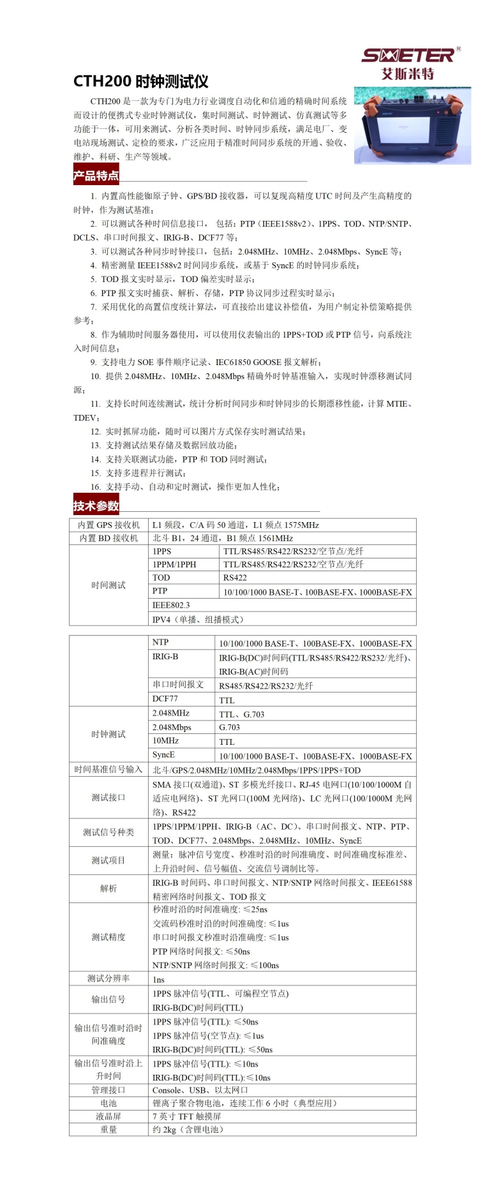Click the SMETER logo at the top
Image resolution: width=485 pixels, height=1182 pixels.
click(408, 56)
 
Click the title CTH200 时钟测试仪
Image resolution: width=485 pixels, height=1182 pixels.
click(141, 82)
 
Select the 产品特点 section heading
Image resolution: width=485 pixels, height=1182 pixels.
click(96, 176)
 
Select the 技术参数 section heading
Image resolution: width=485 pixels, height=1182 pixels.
click(96, 506)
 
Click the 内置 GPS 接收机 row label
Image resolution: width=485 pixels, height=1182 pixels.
click(108, 525)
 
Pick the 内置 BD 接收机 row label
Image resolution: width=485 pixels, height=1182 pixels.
click(108, 538)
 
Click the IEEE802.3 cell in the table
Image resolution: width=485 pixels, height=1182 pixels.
click(171, 605)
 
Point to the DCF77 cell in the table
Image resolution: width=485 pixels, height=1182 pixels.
click(165, 699)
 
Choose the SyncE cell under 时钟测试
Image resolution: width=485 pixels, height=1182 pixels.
click(163, 754)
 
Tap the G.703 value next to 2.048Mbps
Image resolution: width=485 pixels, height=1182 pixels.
click(230, 727)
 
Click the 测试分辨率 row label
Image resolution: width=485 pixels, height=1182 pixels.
click(108, 978)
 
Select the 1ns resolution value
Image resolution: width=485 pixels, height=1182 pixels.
click(158, 979)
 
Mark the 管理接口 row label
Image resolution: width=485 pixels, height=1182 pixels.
click(108, 1090)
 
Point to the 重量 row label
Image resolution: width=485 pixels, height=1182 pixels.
click(108, 1130)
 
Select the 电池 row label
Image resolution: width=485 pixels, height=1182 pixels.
click(108, 1103)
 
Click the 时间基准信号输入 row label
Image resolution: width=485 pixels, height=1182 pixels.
click(108, 770)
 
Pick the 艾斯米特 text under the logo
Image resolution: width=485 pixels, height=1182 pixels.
click(408, 73)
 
